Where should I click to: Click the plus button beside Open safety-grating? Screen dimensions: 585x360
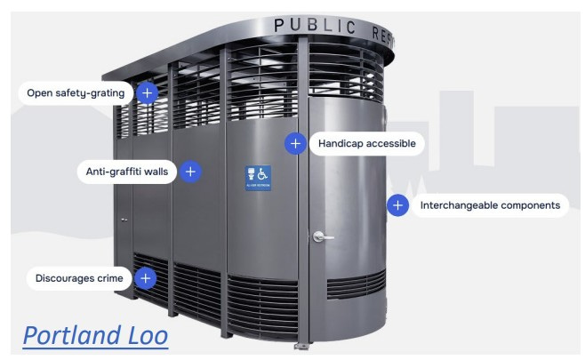148,92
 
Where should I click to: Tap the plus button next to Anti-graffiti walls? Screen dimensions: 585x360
190,172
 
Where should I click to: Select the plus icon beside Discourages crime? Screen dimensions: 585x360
145,278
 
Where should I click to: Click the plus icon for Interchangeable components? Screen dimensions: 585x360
397,205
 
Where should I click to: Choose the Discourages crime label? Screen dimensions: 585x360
78,278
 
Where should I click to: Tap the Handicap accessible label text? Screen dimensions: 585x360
366,142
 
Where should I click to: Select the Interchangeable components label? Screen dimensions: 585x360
489,205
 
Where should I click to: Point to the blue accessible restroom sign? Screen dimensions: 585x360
259,176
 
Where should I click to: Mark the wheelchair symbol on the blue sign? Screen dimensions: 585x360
264,173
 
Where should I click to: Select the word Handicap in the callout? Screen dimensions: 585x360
342,142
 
